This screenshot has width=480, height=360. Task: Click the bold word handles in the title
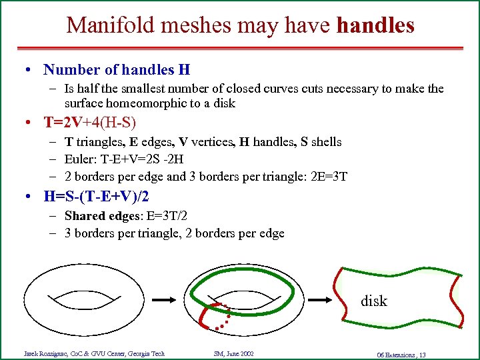pos(375,25)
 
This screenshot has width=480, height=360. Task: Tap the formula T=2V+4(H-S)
pos(89,122)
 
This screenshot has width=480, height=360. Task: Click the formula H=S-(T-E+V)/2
pos(97,197)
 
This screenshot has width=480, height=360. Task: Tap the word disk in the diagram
pos(373,301)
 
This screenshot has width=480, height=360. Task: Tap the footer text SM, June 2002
pos(233,353)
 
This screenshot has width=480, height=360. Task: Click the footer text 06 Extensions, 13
pos(401,354)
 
